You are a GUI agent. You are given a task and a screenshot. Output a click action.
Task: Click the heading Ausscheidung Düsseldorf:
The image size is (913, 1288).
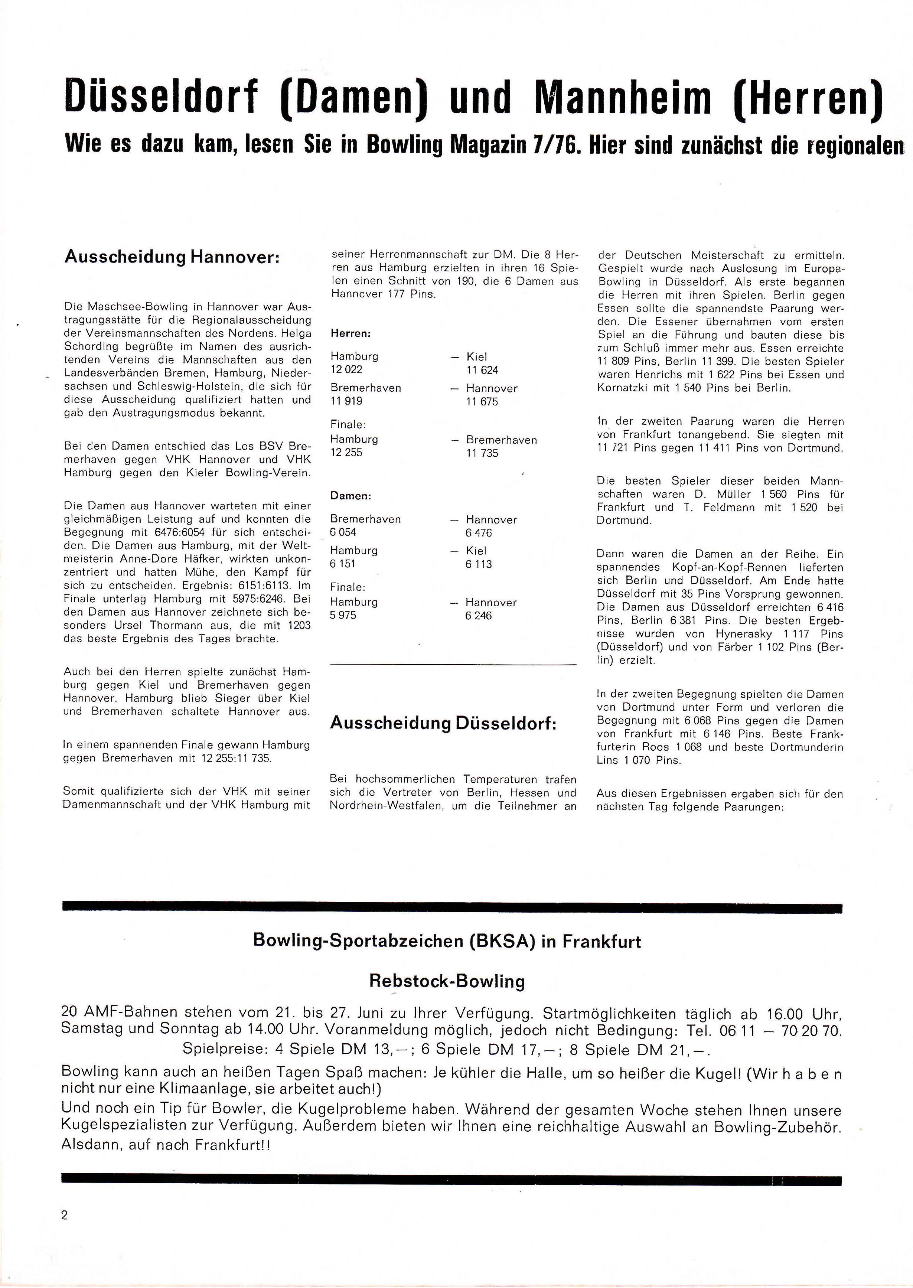(443, 723)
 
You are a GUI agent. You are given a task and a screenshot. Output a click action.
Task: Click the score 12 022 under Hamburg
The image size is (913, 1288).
(346, 369)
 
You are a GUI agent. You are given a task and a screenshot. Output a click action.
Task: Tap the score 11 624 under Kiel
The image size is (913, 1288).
(482, 370)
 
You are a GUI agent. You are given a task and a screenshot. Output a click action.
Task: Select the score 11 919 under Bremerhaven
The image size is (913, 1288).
(346, 401)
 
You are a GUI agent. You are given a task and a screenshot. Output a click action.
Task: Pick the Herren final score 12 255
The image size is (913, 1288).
(346, 453)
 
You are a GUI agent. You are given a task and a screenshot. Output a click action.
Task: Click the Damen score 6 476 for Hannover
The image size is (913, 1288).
(479, 532)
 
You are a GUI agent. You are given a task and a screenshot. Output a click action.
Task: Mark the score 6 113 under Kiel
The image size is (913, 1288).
(479, 564)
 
